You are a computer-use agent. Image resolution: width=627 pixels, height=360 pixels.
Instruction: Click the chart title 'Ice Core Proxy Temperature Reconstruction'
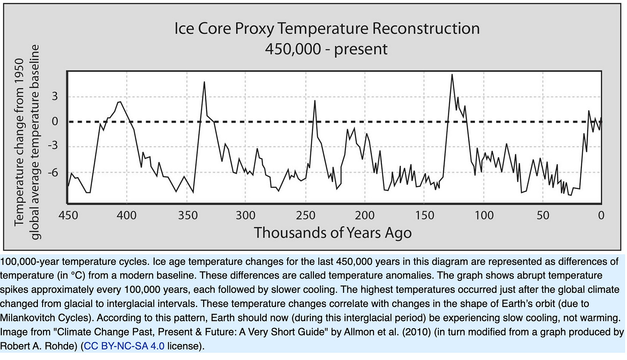pos(327,29)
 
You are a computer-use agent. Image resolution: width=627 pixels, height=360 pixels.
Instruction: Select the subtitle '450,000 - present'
pos(326,49)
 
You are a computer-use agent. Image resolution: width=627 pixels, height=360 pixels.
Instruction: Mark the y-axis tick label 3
pos(55,96)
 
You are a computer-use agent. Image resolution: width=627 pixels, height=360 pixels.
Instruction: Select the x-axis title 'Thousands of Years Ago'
pos(333,233)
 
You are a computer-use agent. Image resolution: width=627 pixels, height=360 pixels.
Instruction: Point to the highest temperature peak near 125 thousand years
pos(452,75)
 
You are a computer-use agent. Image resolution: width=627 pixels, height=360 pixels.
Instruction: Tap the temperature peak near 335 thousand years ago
pos(204,82)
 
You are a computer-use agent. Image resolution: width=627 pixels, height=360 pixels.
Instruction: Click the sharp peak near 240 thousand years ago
pos(315,101)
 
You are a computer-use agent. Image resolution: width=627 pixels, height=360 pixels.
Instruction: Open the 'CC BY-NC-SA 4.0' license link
pos(124,346)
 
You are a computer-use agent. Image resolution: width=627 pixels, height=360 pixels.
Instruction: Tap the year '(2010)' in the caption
pos(431,332)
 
